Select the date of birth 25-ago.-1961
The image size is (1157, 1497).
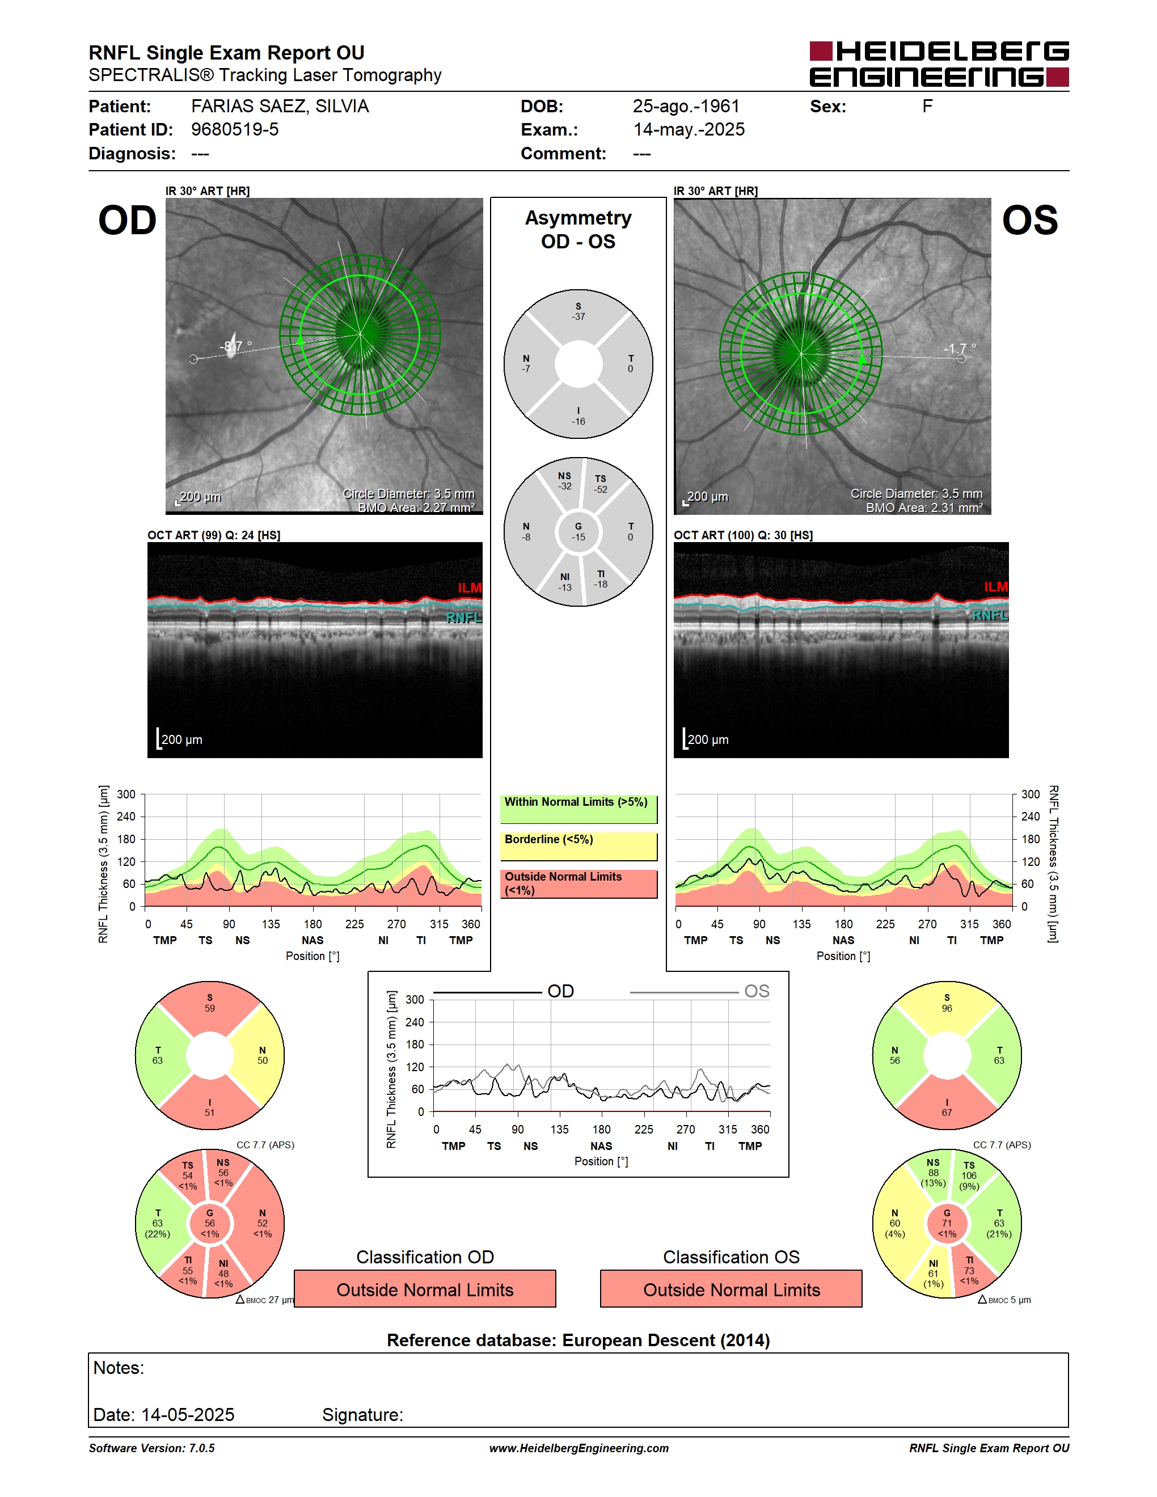686,106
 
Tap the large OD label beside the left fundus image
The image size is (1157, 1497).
128,221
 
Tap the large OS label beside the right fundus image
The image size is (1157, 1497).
1029,221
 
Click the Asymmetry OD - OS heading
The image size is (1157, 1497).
578,230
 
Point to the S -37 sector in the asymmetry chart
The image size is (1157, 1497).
578,312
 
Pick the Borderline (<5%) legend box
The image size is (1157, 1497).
578,847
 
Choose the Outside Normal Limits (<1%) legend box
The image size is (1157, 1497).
578,884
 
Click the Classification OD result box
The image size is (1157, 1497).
425,1289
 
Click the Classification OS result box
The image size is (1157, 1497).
732,1289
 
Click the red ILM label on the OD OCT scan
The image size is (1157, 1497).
470,588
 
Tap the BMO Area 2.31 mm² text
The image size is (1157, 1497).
924,508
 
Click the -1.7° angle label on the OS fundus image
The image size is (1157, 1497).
959,349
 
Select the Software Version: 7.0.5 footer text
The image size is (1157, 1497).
151,1448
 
